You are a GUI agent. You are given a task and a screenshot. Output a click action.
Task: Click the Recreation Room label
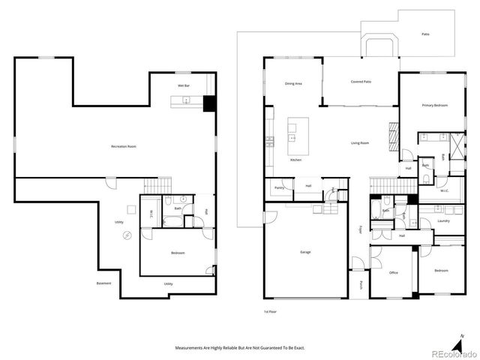124,145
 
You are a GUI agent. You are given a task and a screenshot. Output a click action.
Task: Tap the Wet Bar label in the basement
182,86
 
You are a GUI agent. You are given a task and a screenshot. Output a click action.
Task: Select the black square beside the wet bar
209,104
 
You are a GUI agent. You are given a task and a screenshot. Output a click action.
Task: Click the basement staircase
157,184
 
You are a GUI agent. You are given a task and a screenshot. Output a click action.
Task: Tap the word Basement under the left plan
104,283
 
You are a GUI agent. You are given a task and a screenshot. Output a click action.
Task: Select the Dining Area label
292,84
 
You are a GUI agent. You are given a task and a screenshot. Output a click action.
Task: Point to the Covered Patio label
361,82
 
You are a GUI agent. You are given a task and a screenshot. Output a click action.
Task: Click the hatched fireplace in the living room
388,137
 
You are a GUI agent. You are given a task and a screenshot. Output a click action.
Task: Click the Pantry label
279,187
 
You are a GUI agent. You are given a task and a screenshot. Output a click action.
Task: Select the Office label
394,272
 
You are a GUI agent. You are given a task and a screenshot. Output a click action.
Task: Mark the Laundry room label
422,220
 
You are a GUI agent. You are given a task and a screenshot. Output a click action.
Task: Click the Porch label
361,284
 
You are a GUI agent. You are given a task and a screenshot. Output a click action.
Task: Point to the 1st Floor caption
270,310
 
